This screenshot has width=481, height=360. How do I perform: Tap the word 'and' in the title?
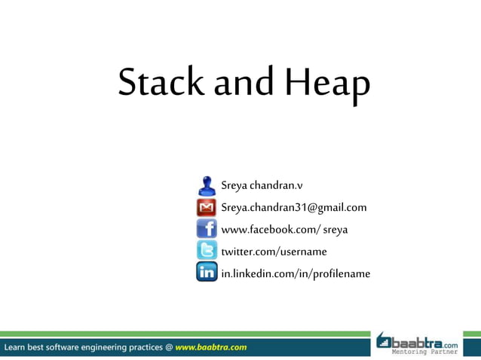point(243,82)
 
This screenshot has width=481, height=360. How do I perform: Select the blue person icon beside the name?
point(207,185)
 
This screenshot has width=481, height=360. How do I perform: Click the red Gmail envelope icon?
point(207,207)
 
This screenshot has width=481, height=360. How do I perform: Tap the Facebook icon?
point(207,229)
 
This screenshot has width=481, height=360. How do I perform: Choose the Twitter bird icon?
point(207,251)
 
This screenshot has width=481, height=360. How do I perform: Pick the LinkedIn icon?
point(207,273)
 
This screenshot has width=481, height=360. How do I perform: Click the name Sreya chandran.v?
point(262,185)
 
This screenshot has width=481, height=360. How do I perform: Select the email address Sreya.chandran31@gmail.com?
point(293,207)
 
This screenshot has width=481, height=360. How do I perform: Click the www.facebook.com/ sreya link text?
point(284,229)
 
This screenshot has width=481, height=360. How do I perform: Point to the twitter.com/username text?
point(274,251)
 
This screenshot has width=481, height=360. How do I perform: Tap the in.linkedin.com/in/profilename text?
point(296,273)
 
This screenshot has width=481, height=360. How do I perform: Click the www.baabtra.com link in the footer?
point(211,347)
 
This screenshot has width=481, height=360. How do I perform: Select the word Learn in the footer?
point(17,347)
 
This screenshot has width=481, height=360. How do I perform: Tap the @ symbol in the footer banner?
point(168,347)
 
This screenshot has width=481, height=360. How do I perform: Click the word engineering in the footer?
point(102,347)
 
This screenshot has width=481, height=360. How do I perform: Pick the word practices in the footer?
point(145,347)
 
